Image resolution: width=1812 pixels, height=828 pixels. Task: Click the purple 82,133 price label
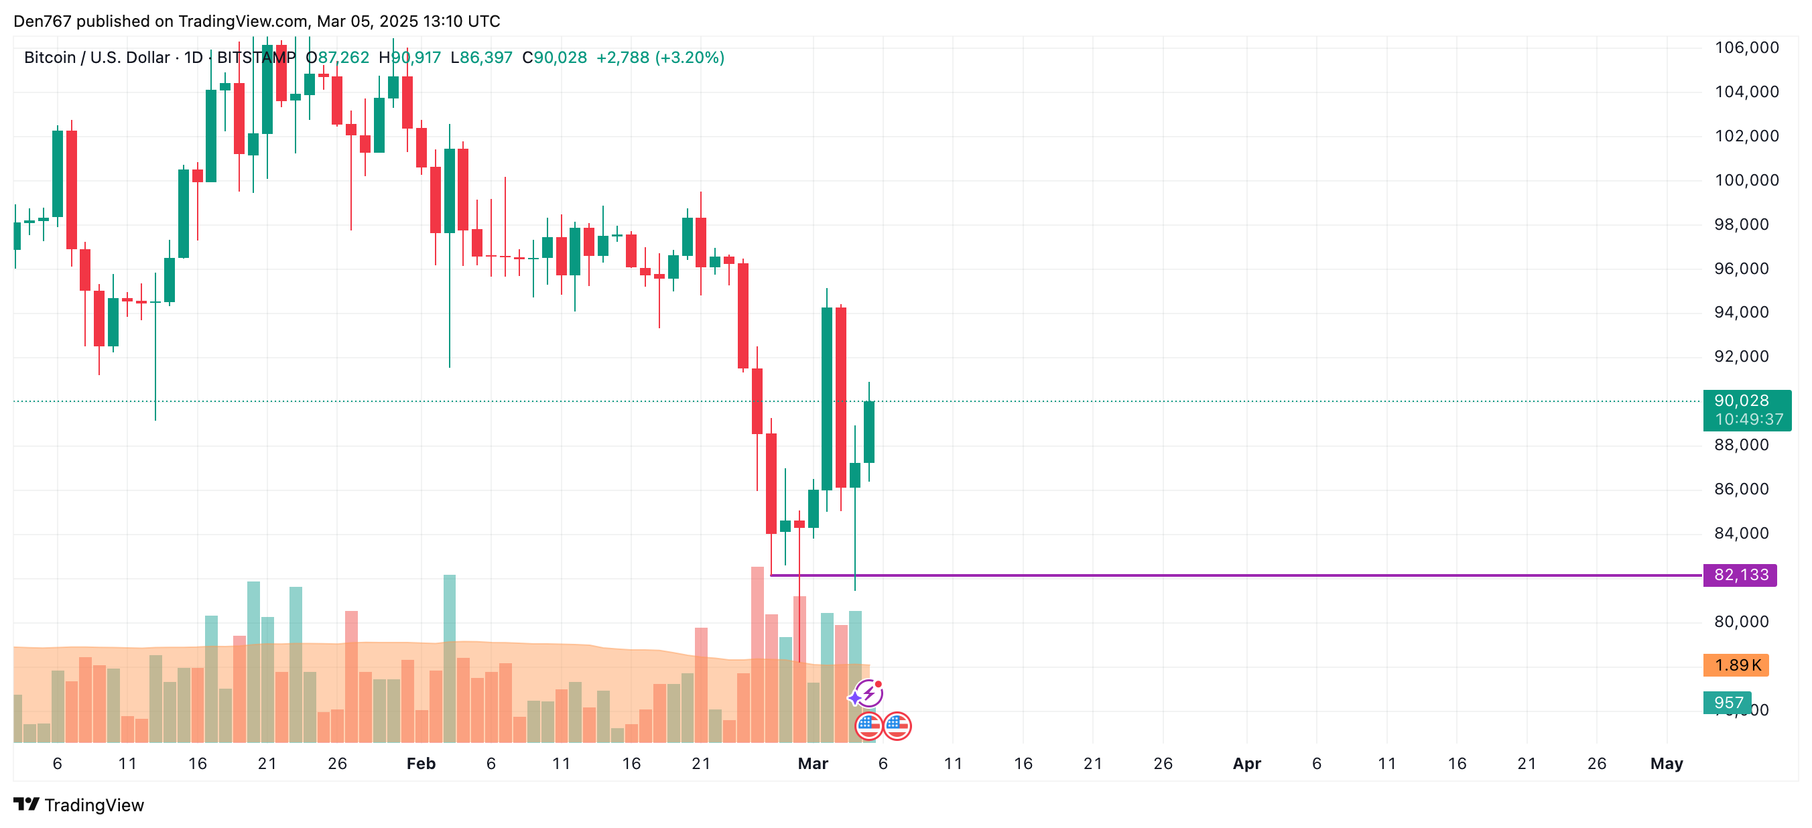tap(1740, 575)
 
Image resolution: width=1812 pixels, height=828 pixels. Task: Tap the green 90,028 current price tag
tap(1746, 409)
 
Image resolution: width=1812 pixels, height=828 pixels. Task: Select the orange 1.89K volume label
tap(1736, 665)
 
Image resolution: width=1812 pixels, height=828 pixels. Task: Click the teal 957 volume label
tap(1727, 702)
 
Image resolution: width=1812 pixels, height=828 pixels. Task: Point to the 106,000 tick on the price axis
tap(1746, 48)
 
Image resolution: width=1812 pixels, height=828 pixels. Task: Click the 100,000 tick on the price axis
tap(1746, 180)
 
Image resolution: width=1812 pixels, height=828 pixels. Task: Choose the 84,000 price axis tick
tap(1741, 533)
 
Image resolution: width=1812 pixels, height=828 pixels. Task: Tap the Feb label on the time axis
tap(421, 763)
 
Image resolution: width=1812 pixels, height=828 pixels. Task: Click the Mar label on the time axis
tap(812, 763)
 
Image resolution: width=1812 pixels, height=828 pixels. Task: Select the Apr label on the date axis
tap(1246, 763)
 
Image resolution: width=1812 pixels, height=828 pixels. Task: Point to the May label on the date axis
tap(1666, 763)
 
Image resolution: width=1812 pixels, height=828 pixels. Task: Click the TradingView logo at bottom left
tap(79, 805)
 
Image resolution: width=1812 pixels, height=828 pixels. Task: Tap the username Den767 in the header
tap(42, 21)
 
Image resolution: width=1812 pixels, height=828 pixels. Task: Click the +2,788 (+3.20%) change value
tap(660, 58)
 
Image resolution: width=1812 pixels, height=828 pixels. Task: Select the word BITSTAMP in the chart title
tap(256, 58)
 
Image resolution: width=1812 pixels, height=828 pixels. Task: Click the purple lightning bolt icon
tap(869, 693)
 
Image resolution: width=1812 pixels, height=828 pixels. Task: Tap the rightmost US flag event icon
tap(897, 726)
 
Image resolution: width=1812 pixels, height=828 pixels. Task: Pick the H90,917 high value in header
tap(409, 58)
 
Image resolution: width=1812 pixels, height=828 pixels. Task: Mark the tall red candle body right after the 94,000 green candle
tap(840, 397)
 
